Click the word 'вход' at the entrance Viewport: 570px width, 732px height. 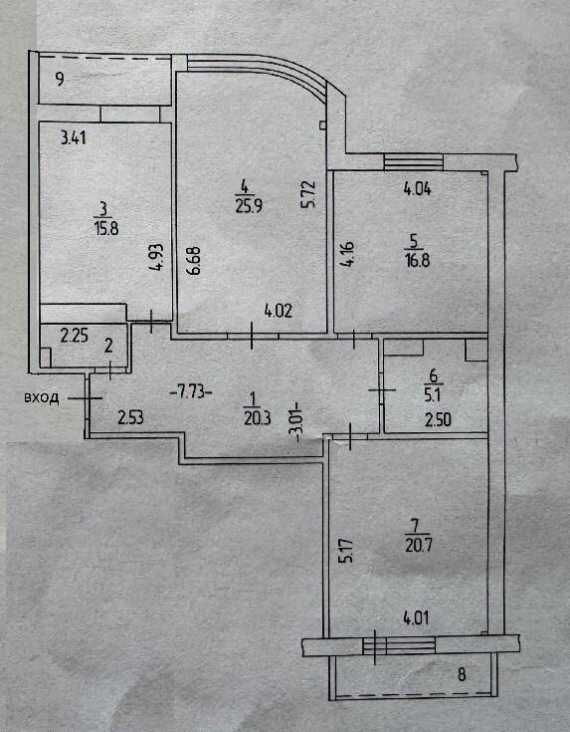(x=41, y=398)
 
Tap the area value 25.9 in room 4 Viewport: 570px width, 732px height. (x=249, y=206)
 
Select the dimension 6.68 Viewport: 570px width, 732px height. (x=195, y=261)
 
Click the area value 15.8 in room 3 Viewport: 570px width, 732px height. (x=106, y=229)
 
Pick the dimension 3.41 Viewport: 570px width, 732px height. (x=74, y=137)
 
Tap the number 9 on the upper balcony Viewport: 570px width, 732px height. (x=60, y=79)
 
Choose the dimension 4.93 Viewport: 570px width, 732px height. (x=156, y=257)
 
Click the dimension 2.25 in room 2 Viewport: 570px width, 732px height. (x=75, y=336)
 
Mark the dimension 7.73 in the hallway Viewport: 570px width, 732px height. (x=191, y=391)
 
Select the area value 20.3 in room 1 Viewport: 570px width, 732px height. (x=257, y=418)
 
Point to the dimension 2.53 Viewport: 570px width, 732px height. (x=130, y=417)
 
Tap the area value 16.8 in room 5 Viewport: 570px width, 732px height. (x=418, y=260)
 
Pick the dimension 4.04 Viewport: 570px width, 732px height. (x=417, y=189)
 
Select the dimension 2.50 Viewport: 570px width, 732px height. (x=438, y=419)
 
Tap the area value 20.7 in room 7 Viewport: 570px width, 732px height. (x=419, y=545)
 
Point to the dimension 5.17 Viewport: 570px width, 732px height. (x=347, y=551)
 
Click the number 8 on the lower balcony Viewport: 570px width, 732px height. (x=462, y=674)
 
